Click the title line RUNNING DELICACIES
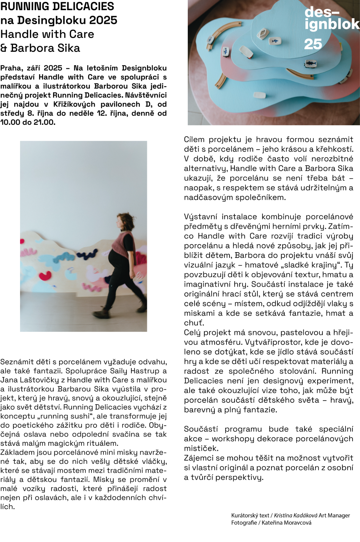click(x=57, y=6)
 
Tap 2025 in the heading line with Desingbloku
click(x=103, y=20)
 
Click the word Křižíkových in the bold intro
click(x=74, y=104)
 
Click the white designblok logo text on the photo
click(x=330, y=18)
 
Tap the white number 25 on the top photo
click(x=313, y=44)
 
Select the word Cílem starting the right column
click(x=194, y=139)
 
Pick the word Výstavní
click(x=200, y=217)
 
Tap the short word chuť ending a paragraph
click(x=194, y=323)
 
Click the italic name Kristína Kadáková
click(x=295, y=515)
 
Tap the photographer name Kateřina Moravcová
click(x=286, y=523)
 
